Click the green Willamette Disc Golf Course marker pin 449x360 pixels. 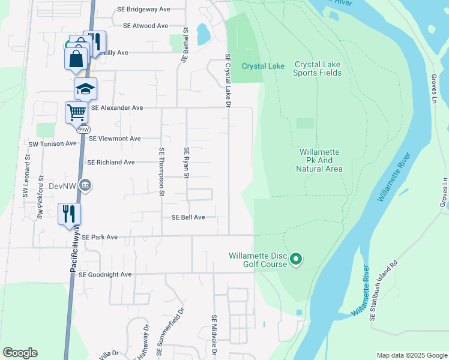295,260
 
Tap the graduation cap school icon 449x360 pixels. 85,89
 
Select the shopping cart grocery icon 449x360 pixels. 76,112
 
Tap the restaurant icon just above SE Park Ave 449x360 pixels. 69,214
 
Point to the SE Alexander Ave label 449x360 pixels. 116,108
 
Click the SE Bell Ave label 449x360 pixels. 188,217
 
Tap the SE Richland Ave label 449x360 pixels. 111,163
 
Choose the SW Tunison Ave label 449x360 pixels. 53,143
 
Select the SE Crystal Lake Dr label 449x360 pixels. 228,80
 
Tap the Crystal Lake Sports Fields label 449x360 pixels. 317,68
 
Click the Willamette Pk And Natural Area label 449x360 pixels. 319,161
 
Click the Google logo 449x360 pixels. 20,353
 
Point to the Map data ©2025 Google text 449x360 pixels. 411,355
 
